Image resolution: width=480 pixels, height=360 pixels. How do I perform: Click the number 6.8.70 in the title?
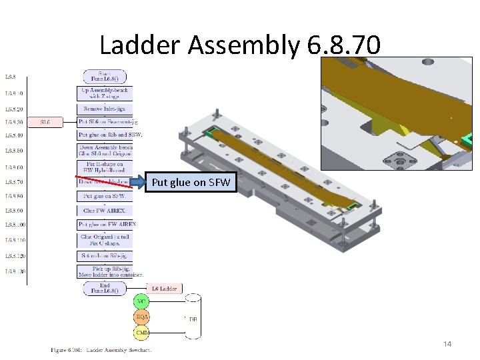[x=344, y=45]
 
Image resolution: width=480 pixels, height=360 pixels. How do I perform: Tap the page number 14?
[x=447, y=343]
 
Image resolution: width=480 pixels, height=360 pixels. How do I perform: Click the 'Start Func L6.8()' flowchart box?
[x=104, y=75]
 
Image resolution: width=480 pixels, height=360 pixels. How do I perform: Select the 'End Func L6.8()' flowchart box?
[x=104, y=288]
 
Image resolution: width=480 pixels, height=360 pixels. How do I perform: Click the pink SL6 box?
[x=45, y=122]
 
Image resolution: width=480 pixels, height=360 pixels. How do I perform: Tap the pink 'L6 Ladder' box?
[x=163, y=288]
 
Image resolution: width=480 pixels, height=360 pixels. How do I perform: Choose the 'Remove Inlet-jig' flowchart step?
[x=105, y=109]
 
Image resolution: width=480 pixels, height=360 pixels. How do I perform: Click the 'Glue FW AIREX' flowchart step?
[x=105, y=211]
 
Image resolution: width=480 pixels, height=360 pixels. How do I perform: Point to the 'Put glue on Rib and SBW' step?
[x=110, y=135]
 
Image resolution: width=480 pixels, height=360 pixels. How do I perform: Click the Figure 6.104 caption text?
[x=101, y=349]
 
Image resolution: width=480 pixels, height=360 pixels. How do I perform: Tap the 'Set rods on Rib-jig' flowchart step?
[x=105, y=255]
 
